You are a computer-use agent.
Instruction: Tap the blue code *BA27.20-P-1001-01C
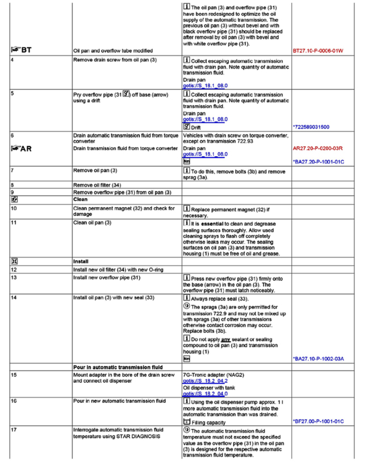tap(319, 162)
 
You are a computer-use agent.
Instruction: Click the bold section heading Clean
tap(79, 199)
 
